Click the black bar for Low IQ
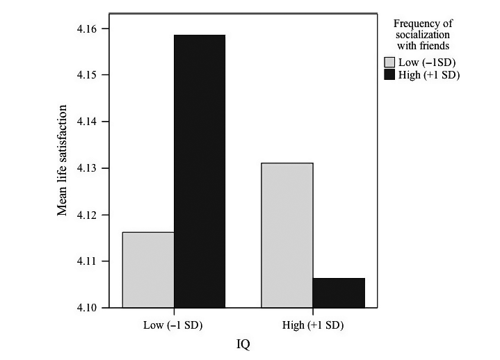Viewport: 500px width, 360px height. (x=200, y=170)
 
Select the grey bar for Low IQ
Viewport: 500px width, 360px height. (x=148, y=270)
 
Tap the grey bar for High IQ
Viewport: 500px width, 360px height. (x=287, y=235)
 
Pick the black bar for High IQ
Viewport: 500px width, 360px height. (x=339, y=293)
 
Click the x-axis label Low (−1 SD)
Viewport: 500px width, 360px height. (x=174, y=325)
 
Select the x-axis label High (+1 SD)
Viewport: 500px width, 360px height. (x=313, y=325)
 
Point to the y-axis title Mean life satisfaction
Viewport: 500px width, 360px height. (x=63, y=161)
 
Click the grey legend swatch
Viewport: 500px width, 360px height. (x=389, y=63)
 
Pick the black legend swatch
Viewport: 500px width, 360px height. (x=389, y=74)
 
